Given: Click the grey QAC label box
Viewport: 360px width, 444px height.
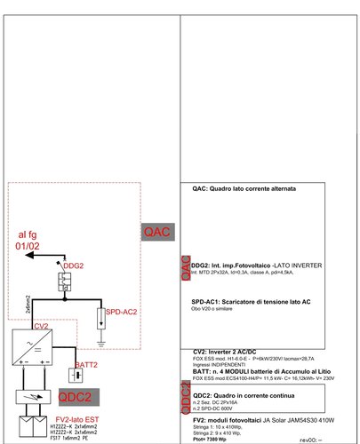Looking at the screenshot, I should pyautogui.click(x=157, y=232).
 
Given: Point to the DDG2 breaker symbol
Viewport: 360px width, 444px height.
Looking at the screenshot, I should pyautogui.click(x=66, y=281).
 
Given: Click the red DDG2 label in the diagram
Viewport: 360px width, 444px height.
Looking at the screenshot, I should pyautogui.click(x=73, y=266).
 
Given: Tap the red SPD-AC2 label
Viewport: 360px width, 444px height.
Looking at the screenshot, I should pyautogui.click(x=122, y=313).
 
